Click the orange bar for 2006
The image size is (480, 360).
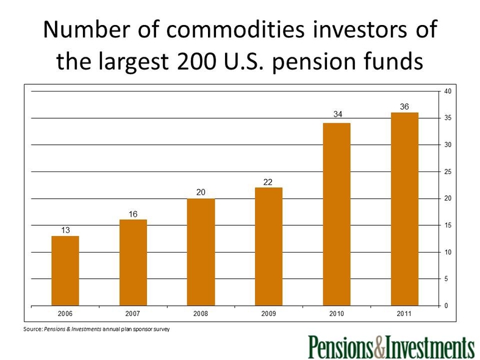point(65,271)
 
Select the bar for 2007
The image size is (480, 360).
point(133,262)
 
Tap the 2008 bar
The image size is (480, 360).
point(201,252)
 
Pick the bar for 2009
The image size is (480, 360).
point(269,247)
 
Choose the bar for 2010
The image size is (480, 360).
point(337,214)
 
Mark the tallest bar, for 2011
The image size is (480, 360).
point(405,209)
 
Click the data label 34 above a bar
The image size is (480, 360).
point(338,114)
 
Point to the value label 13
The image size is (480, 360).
point(65,230)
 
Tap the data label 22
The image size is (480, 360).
point(268,182)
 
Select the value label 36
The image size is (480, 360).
point(404,107)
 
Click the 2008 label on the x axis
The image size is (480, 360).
point(201,314)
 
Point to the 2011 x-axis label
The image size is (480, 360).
point(404,314)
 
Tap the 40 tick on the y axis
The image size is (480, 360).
point(448,92)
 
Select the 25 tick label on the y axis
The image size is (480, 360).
point(448,171)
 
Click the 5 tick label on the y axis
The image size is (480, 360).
point(446,279)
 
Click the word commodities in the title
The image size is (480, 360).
point(235,30)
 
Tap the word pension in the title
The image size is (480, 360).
point(314,62)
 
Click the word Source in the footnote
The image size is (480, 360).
point(33,329)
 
